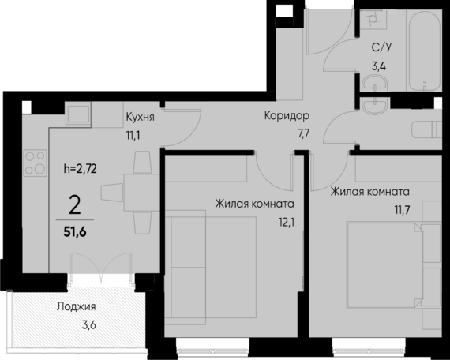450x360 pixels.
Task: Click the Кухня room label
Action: tap(139, 117)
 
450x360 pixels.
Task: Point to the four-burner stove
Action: tap(34, 162)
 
